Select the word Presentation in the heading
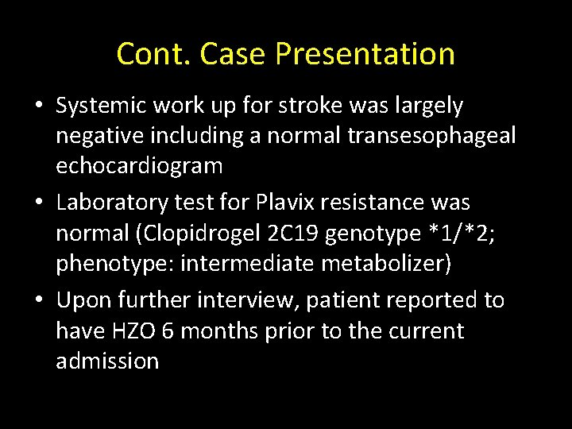coord(366,54)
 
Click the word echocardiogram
coord(139,166)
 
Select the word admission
coord(107,361)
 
